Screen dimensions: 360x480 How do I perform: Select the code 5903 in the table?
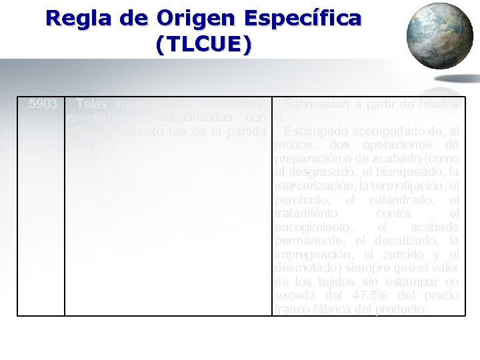pyautogui.click(x=43, y=105)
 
